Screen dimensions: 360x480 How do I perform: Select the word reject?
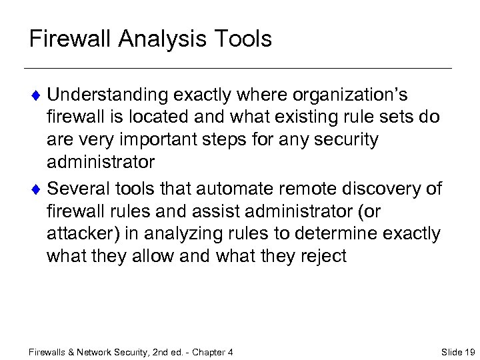[321, 257]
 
